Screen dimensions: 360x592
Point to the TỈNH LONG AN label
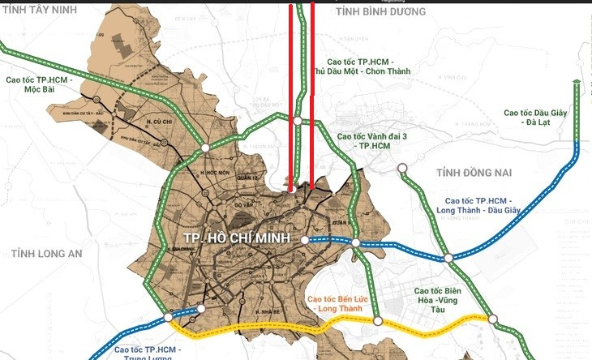coord(47,254)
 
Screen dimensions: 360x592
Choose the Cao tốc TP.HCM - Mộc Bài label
coord(39,85)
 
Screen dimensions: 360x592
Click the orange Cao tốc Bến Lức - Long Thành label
coord(342,303)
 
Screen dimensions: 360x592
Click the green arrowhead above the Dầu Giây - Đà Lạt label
coord(575,82)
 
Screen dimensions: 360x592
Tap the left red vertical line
coord(292,97)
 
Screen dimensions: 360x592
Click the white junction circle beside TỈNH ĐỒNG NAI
coord(402,169)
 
